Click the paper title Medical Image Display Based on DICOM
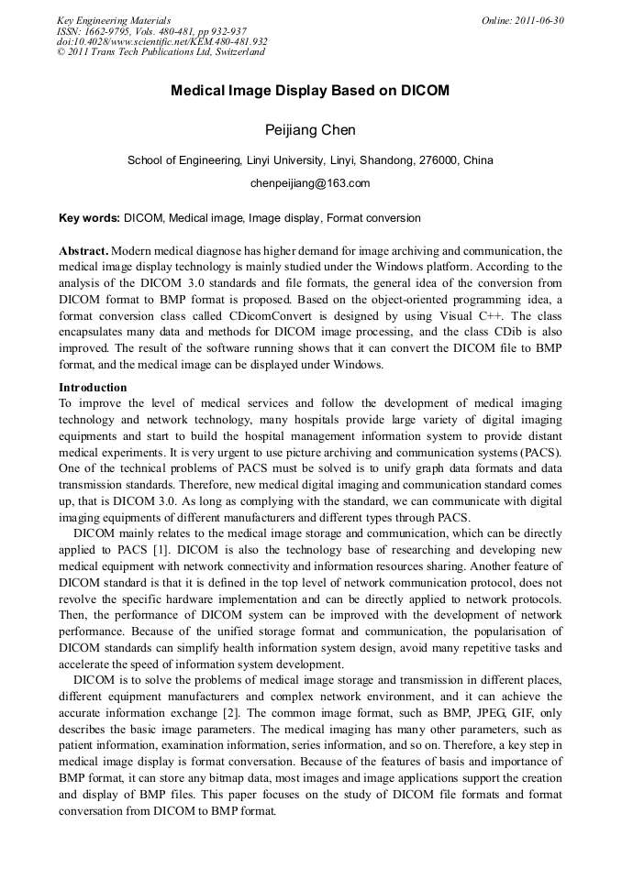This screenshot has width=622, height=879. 310,92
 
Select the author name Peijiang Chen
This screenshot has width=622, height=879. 310,130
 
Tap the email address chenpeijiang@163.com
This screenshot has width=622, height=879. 310,183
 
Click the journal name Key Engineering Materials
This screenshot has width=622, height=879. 114,20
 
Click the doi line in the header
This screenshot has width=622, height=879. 161,41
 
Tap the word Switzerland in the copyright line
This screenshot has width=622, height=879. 238,52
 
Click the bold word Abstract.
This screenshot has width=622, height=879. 83,250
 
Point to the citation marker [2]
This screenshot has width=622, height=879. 234,712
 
